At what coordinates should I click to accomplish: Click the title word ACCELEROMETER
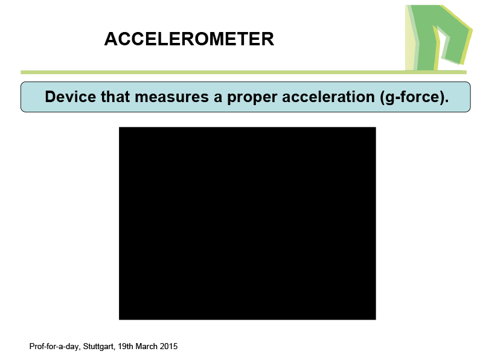click(189, 39)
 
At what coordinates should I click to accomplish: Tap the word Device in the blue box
click(71, 97)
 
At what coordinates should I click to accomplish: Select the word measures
click(172, 97)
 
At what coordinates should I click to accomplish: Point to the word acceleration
click(328, 97)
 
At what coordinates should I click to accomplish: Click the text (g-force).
click(414, 97)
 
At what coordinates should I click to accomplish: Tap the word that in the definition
click(115, 97)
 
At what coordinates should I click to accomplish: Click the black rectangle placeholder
click(248, 223)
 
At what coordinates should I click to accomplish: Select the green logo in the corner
click(438, 37)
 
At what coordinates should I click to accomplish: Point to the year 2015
click(168, 347)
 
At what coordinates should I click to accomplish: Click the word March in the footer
click(146, 347)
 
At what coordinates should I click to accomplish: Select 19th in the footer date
click(126, 347)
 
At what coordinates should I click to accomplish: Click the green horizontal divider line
click(243, 72)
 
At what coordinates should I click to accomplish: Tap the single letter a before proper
click(218, 98)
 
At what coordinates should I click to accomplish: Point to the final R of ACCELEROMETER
click(267, 39)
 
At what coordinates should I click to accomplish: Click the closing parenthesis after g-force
click(442, 97)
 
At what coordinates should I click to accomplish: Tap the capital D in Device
click(50, 97)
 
